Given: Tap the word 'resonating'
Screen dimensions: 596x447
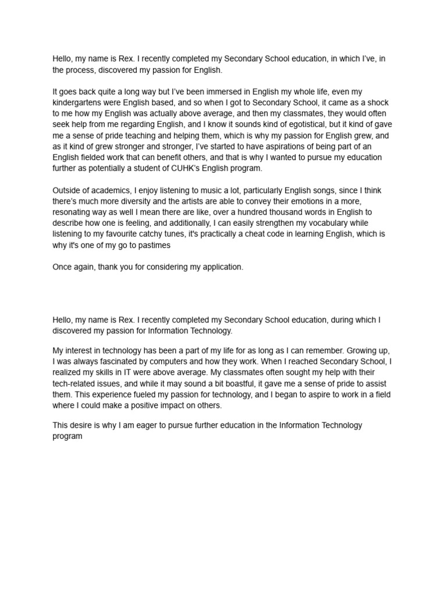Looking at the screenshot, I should (74, 212).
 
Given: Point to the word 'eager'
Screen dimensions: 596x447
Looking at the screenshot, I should (147, 425).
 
